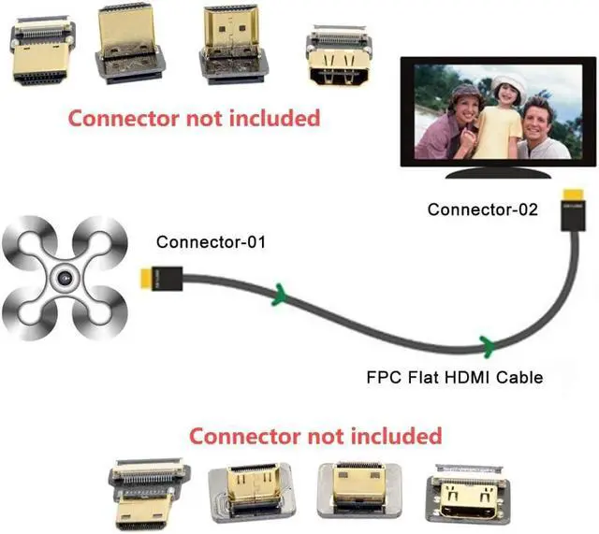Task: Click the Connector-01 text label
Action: click(212, 242)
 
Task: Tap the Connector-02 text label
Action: click(483, 209)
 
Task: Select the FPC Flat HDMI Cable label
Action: click(454, 378)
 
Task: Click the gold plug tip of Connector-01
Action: click(144, 278)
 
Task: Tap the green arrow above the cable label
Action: click(486, 343)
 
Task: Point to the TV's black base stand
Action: click(493, 173)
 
